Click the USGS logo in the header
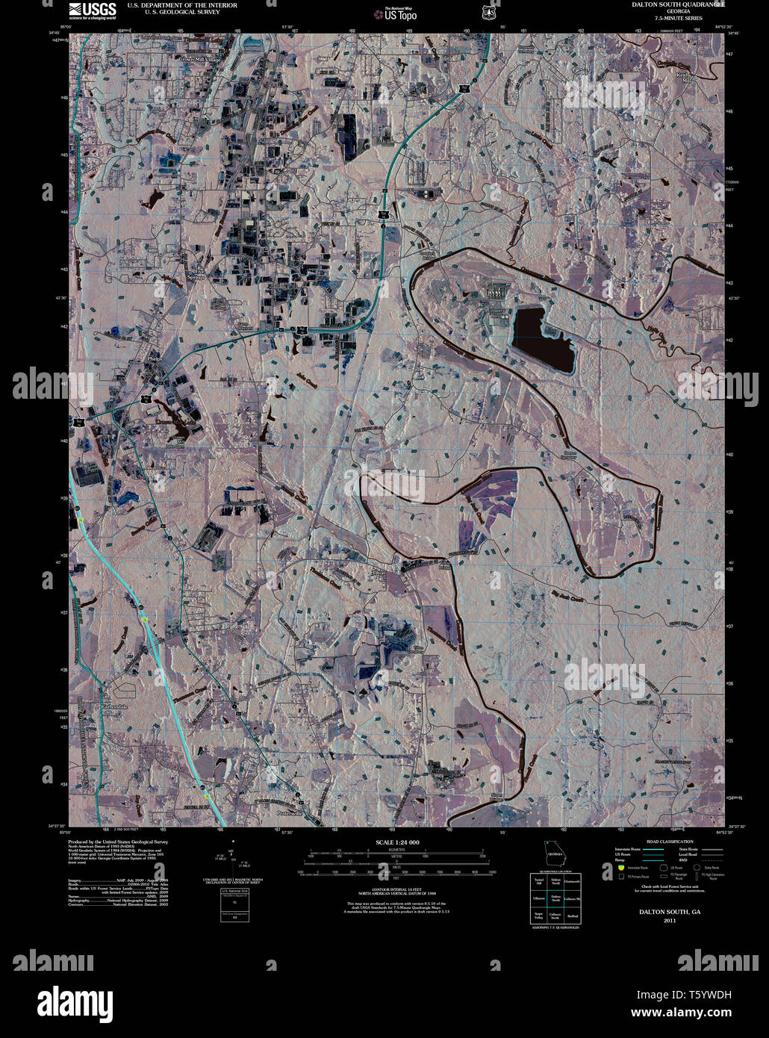93,9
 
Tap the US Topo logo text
400,15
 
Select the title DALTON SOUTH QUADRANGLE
678,4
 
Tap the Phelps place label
155,359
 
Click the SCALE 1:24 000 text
397,842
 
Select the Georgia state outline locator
555,854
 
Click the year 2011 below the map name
669,920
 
